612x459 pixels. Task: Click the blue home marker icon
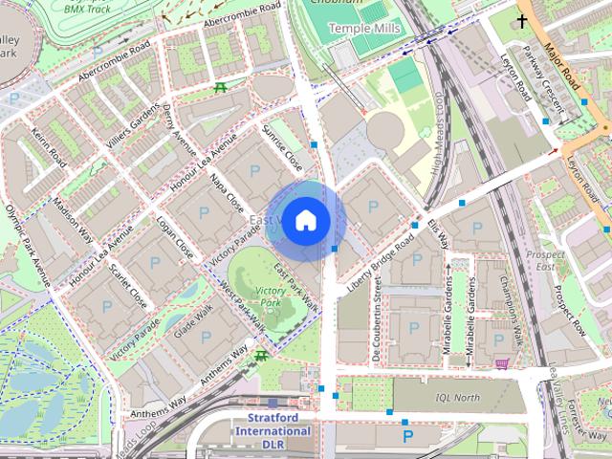click(304, 221)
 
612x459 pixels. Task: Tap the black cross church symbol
click(523, 19)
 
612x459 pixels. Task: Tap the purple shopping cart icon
click(502, 363)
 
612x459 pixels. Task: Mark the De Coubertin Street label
click(378, 320)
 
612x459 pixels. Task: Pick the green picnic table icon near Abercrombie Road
click(222, 88)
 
